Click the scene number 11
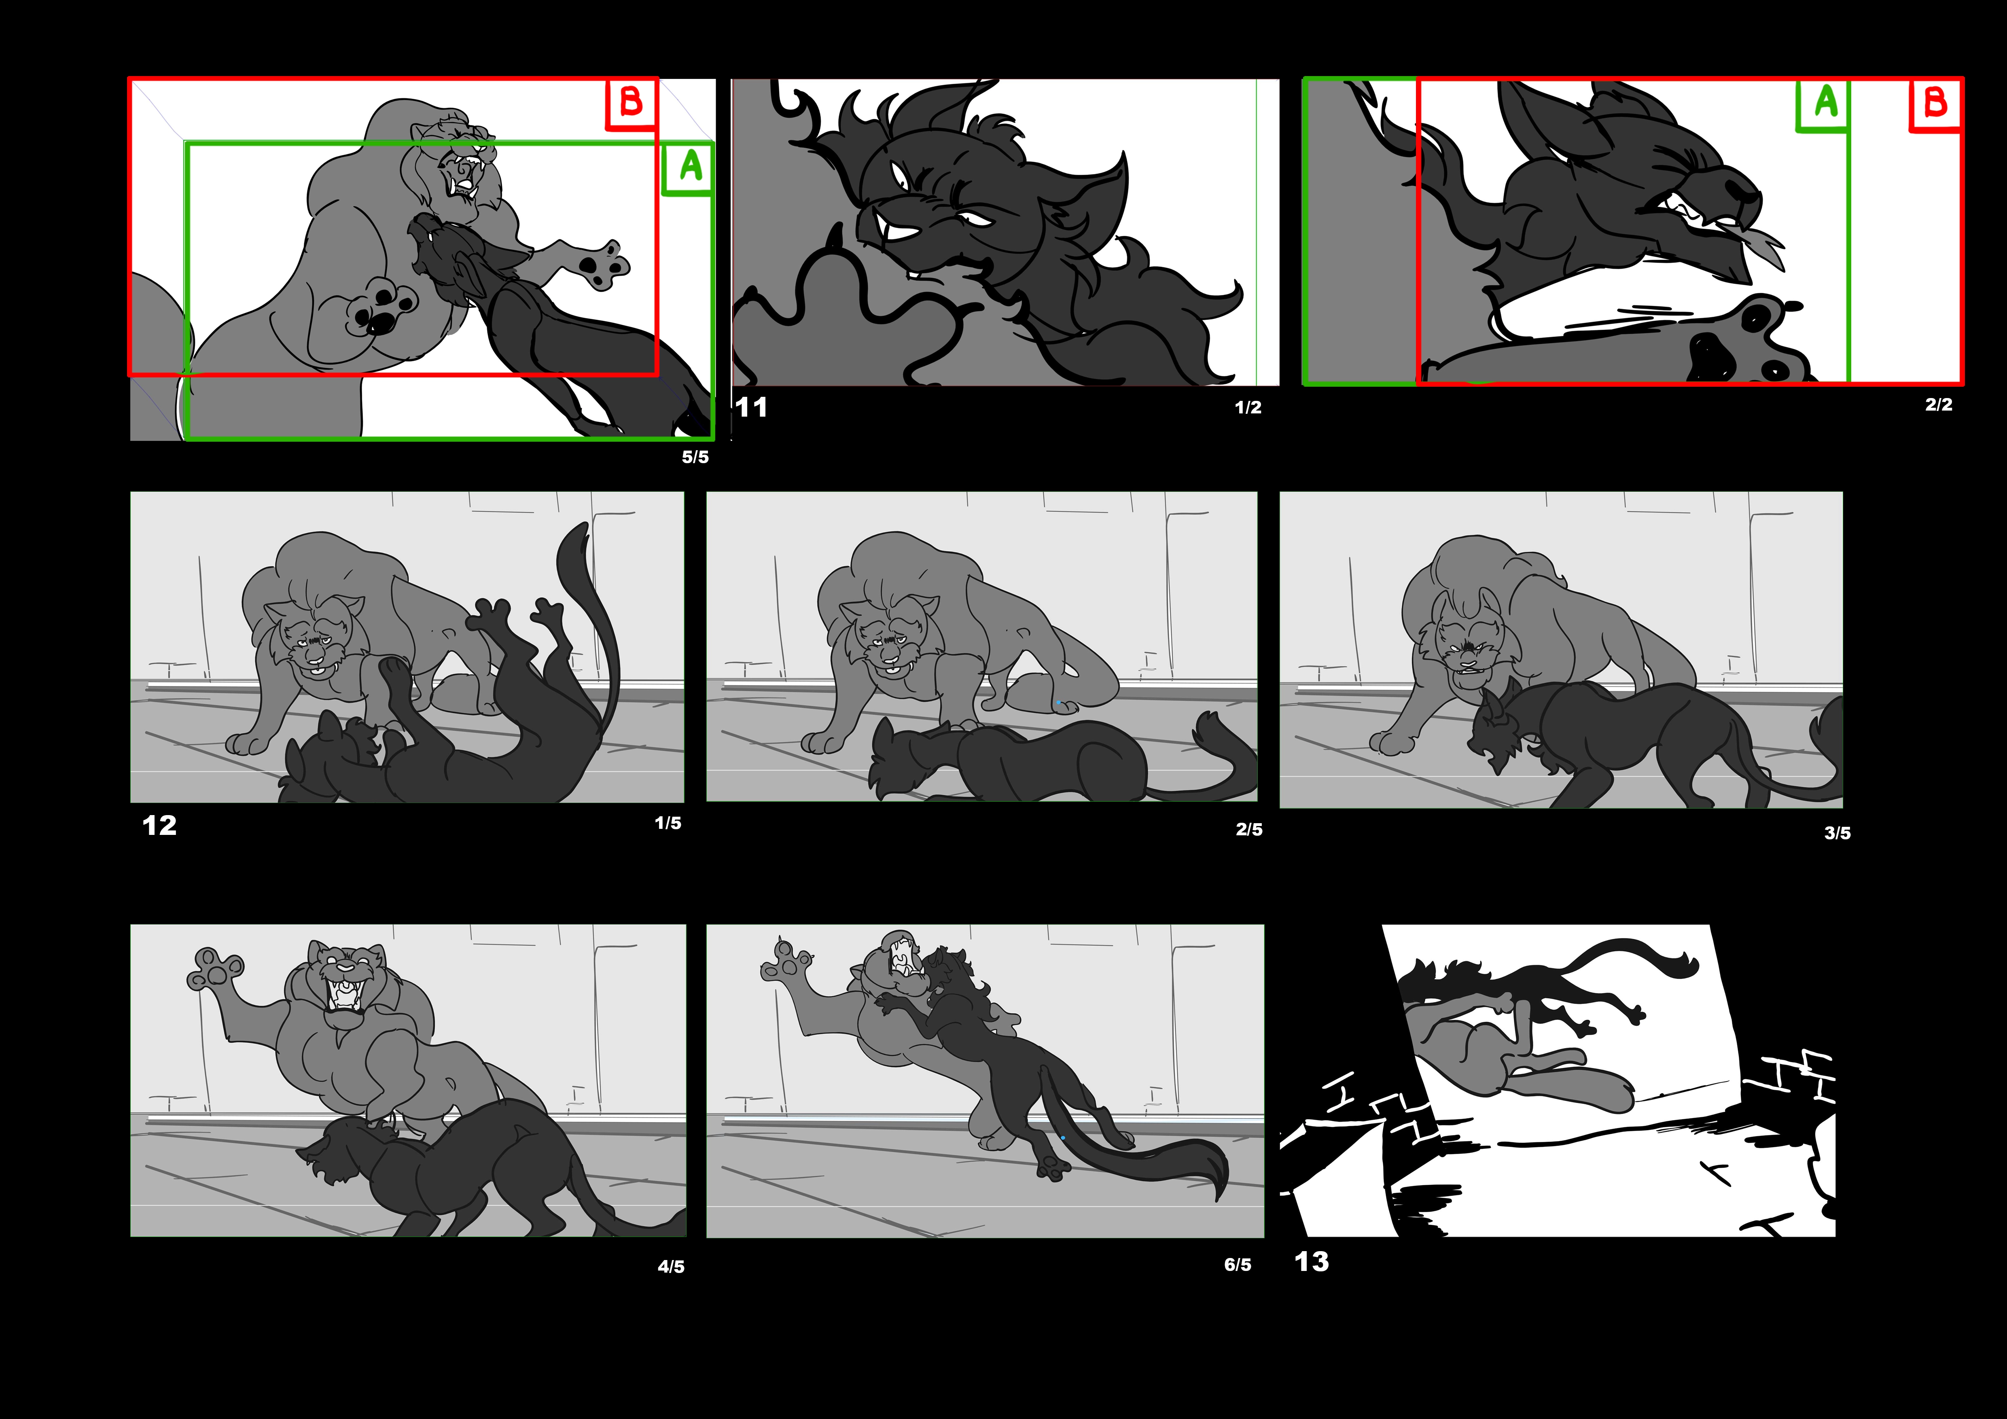click(x=751, y=407)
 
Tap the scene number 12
click(x=159, y=826)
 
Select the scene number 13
click(x=1311, y=1262)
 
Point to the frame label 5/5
click(x=695, y=457)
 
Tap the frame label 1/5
click(x=668, y=823)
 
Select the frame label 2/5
click(x=1249, y=829)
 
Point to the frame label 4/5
click(x=671, y=1266)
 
